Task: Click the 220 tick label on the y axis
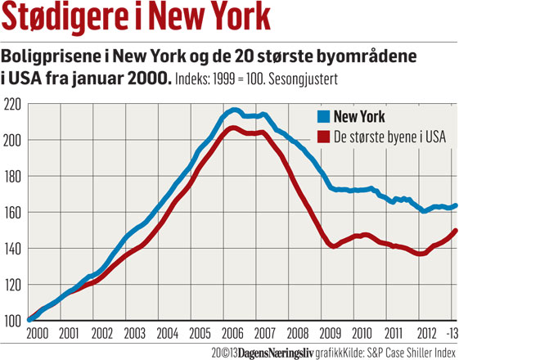coord(13,105)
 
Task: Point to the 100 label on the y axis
coord(13,320)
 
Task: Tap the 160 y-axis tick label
coord(13,212)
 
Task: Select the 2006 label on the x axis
coord(233,334)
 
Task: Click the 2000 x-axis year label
coord(38,334)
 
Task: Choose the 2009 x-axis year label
coord(331,334)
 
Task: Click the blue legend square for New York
coord(324,117)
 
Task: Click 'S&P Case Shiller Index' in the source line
coord(408,352)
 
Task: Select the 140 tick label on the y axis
coord(13,248)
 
